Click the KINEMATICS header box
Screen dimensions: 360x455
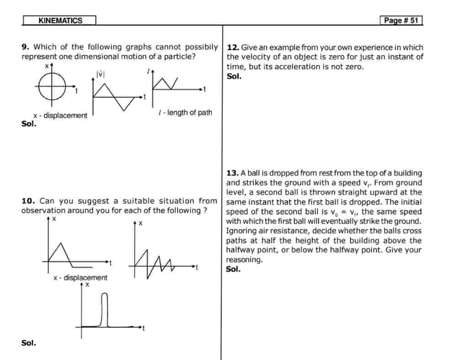tap(60, 21)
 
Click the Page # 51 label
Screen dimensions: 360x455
tap(401, 21)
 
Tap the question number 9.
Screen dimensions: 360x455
tap(25, 47)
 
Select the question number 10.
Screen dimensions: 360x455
tap(28, 201)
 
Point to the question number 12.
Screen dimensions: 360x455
tap(233, 48)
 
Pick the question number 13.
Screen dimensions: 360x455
tap(233, 173)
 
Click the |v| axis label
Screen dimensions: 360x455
tap(100, 74)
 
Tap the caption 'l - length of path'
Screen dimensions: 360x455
tap(185, 112)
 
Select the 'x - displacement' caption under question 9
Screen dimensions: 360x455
tap(60, 116)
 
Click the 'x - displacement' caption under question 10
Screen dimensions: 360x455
tap(80, 278)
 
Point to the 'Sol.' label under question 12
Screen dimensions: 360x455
tap(234, 76)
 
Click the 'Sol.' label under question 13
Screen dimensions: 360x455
tap(233, 269)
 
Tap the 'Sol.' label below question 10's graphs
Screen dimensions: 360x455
tap(28, 343)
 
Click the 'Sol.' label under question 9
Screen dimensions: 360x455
tap(28, 123)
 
